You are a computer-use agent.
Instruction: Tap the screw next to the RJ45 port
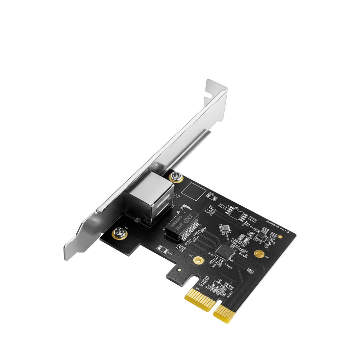(175, 175)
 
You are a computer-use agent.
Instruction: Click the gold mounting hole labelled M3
(199, 259)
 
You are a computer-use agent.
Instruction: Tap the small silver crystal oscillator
(224, 229)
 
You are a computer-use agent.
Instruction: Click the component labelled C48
(162, 250)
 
